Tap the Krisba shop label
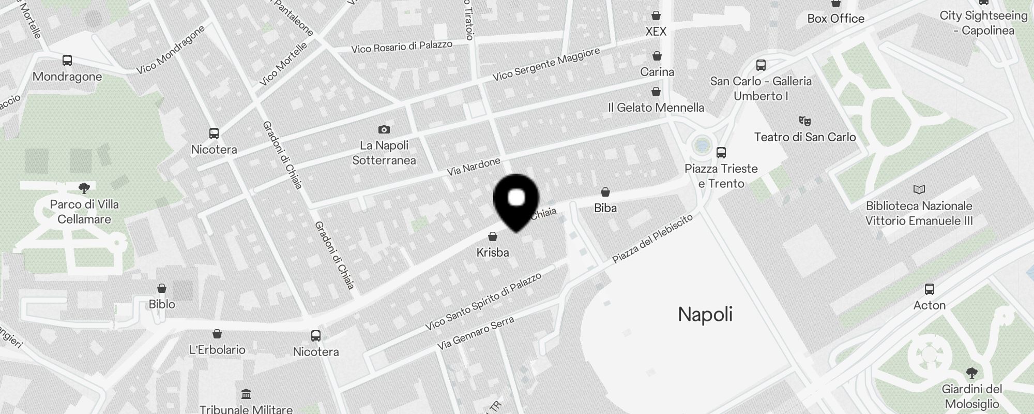(492, 253)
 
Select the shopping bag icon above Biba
(605, 193)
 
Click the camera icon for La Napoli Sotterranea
(384, 129)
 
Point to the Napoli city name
(705, 314)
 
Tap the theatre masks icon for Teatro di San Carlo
(804, 121)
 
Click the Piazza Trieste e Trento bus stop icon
(721, 153)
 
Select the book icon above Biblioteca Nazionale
(919, 190)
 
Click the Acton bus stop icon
(930, 289)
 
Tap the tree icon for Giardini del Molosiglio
(971, 373)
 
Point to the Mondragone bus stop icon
(67, 61)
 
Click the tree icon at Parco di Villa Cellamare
(84, 188)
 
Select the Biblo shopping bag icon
(162, 288)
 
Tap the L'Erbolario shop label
(217, 350)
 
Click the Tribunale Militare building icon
(246, 395)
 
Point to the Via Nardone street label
(474, 166)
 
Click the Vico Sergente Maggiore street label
(546, 64)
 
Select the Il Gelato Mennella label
(656, 108)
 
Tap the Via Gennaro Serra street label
(476, 333)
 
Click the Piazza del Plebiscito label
(652, 239)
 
